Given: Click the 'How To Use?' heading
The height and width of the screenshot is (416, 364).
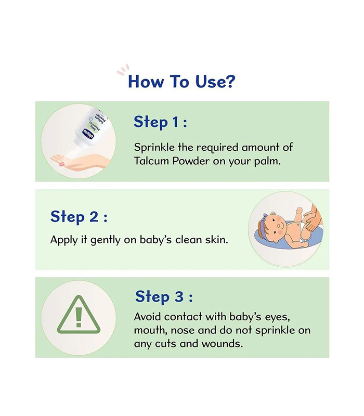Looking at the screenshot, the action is tap(181, 82).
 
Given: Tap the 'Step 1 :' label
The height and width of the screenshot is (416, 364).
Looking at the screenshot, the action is tap(161, 122).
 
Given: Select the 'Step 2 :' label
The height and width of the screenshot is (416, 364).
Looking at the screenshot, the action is tap(79, 217).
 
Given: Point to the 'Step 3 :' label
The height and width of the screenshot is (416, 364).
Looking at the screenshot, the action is tap(164, 296).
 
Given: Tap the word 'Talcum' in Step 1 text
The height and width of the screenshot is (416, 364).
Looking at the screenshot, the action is tap(151, 161).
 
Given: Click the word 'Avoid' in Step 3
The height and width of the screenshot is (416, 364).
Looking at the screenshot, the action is tap(147, 317).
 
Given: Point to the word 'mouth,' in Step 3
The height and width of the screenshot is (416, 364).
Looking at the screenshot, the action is tap(151, 331).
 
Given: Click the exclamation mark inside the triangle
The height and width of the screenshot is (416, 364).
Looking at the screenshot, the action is tap(79, 317).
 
